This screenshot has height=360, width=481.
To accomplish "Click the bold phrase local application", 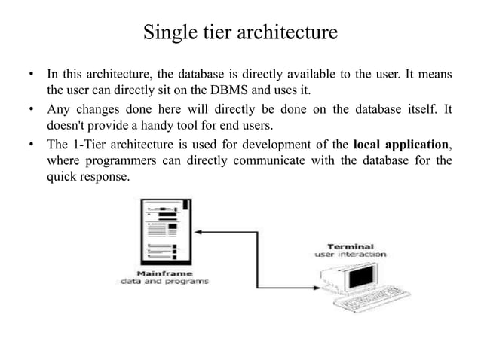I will pyautogui.click(x=402, y=143).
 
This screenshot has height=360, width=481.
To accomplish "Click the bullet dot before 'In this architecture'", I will pyautogui.click(x=31, y=74).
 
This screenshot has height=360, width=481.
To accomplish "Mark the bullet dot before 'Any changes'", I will pyautogui.click(x=31, y=109).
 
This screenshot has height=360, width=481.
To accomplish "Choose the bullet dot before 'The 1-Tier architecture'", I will pyautogui.click(x=31, y=144).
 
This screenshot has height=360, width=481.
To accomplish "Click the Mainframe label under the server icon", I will pyautogui.click(x=164, y=273).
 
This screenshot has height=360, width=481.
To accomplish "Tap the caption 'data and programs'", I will pyautogui.click(x=164, y=282).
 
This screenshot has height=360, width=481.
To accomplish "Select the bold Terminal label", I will pyautogui.click(x=351, y=246).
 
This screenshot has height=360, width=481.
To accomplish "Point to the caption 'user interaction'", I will pyautogui.click(x=350, y=255).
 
